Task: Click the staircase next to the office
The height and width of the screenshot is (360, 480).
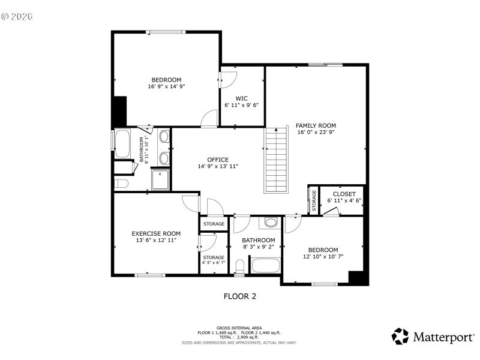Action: (x=277, y=161)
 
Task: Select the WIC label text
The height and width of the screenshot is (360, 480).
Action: (x=242, y=98)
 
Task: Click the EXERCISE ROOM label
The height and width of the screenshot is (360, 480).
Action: (x=156, y=233)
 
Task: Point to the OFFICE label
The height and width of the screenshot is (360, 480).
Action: (x=218, y=160)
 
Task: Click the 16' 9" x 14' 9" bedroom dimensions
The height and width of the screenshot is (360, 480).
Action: (x=166, y=86)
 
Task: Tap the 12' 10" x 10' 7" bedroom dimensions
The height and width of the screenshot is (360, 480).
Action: (x=323, y=257)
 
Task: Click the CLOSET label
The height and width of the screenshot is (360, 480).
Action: (x=344, y=194)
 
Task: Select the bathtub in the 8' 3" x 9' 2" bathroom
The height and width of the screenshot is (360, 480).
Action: (x=265, y=265)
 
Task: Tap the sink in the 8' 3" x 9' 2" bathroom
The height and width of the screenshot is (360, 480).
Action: (x=270, y=223)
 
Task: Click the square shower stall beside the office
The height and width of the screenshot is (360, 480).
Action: (x=161, y=179)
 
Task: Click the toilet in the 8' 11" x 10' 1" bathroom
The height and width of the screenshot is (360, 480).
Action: (x=120, y=183)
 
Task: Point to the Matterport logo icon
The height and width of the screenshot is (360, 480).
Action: (x=400, y=336)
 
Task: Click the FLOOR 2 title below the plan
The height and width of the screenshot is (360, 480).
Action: (x=240, y=296)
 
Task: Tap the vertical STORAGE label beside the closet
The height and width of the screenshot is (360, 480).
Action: (x=313, y=200)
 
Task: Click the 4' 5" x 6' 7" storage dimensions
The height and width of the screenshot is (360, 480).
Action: (x=214, y=262)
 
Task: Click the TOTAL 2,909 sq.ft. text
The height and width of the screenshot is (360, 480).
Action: (x=239, y=337)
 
